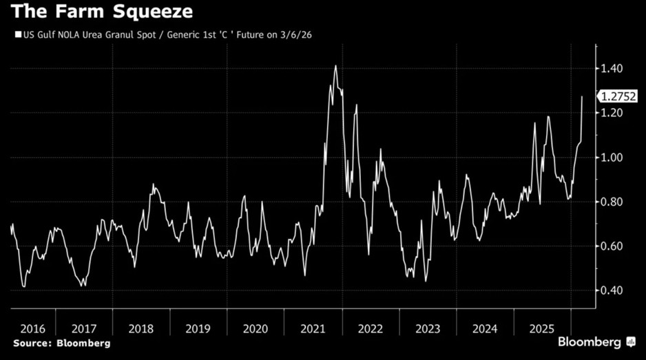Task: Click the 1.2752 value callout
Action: tap(618, 97)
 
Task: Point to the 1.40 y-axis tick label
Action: tap(612, 69)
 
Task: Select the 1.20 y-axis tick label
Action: tap(612, 113)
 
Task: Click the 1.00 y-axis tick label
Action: tap(612, 158)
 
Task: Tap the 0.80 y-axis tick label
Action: tap(612, 202)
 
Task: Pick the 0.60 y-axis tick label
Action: tap(612, 246)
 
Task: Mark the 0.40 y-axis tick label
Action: tap(612, 290)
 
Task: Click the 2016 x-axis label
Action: tap(33, 328)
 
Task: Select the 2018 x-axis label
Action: tap(140, 328)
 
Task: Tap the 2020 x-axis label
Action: tap(256, 328)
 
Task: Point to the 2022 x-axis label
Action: tap(370, 328)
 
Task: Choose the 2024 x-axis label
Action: tap(485, 328)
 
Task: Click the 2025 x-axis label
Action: tap(542, 328)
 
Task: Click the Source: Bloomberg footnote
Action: tap(61, 343)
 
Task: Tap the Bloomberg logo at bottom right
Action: tap(594, 342)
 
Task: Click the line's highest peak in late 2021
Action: tap(335, 66)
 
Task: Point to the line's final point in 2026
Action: tap(583, 97)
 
